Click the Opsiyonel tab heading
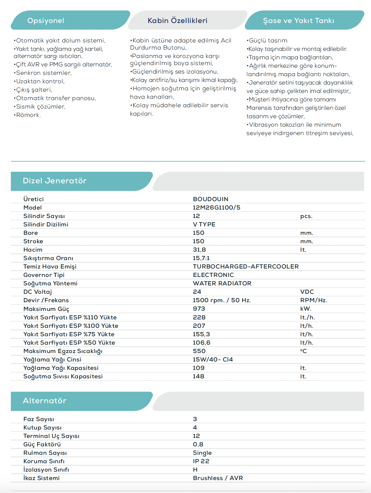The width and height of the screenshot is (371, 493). [46, 20]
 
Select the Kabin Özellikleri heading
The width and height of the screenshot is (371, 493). [177, 20]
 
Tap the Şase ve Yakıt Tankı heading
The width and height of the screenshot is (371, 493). [298, 20]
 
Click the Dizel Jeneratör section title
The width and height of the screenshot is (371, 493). [54, 181]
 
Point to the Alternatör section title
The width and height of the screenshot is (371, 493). [44, 401]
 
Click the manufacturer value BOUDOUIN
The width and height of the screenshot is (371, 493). [210, 199]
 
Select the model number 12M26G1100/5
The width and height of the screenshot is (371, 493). [216, 208]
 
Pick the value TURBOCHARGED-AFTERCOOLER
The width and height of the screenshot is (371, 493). [245, 267]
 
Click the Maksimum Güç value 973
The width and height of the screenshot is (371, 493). [199, 309]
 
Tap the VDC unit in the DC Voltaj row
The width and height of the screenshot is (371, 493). [307, 292]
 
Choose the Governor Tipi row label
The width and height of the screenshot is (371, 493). [44, 275]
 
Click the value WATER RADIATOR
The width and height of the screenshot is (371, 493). [222, 283]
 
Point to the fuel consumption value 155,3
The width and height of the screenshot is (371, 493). [201, 334]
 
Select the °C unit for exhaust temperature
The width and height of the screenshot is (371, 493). [303, 351]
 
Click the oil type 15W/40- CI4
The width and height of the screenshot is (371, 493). [213, 360]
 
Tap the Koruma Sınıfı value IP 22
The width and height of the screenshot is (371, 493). [201, 461]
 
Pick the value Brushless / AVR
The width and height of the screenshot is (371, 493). [218, 478]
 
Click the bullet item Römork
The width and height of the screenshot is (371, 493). [28, 115]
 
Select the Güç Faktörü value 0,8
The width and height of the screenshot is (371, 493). [198, 444]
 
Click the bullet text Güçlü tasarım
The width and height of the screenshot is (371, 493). [268, 40]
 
